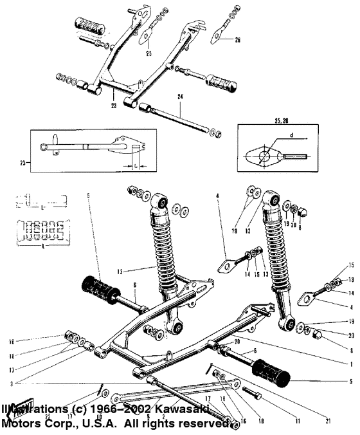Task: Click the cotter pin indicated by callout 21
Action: click(x=213, y=371)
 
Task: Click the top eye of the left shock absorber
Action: click(x=160, y=204)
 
